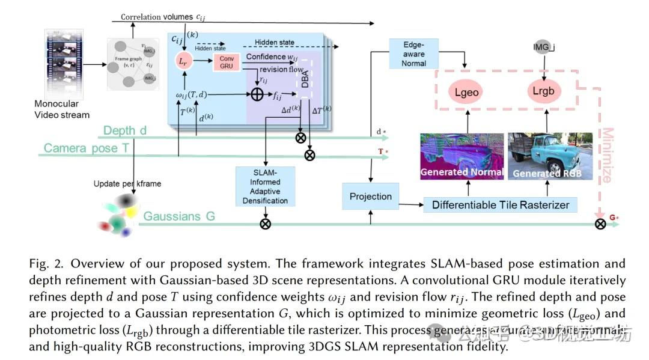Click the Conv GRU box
pos(226,63)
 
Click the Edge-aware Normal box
pos(413,53)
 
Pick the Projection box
pos(370,197)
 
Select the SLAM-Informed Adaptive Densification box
pos(265,186)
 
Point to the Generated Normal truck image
pos(462,156)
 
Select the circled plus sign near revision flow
pos(257,94)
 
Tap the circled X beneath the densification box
pos(265,224)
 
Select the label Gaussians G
pos(179,216)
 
